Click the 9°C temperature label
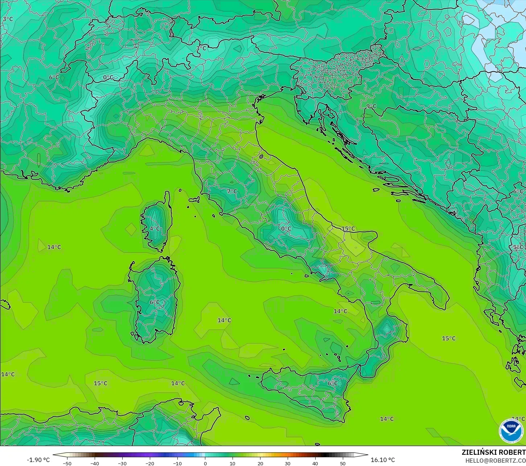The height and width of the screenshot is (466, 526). click(x=371, y=106)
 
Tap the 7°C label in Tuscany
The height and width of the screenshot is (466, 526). click(x=232, y=191)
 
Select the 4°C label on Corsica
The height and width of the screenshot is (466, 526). click(x=155, y=228)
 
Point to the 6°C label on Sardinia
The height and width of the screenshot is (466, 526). click(x=155, y=302)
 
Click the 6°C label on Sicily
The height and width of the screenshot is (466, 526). click(x=332, y=383)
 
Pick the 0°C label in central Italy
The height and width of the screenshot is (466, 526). click(x=286, y=228)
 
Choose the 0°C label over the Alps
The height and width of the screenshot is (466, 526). click(x=108, y=77)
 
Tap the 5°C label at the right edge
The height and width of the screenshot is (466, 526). click(x=518, y=247)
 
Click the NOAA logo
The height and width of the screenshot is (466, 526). click(x=511, y=431)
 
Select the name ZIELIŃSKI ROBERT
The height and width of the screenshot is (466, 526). click(x=493, y=452)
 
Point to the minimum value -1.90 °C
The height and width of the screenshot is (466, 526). click(x=38, y=460)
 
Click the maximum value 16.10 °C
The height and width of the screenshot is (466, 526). click(x=382, y=460)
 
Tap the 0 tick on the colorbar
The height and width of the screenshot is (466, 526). click(x=205, y=463)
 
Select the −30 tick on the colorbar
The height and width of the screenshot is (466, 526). click(x=122, y=463)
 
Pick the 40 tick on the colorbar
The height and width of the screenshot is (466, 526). click(x=315, y=463)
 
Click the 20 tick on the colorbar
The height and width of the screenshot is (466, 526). click(x=260, y=463)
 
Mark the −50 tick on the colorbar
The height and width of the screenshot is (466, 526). click(x=67, y=463)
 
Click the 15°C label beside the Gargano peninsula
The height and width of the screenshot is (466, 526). click(x=348, y=228)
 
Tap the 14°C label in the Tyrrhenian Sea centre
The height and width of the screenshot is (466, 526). click(x=224, y=320)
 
